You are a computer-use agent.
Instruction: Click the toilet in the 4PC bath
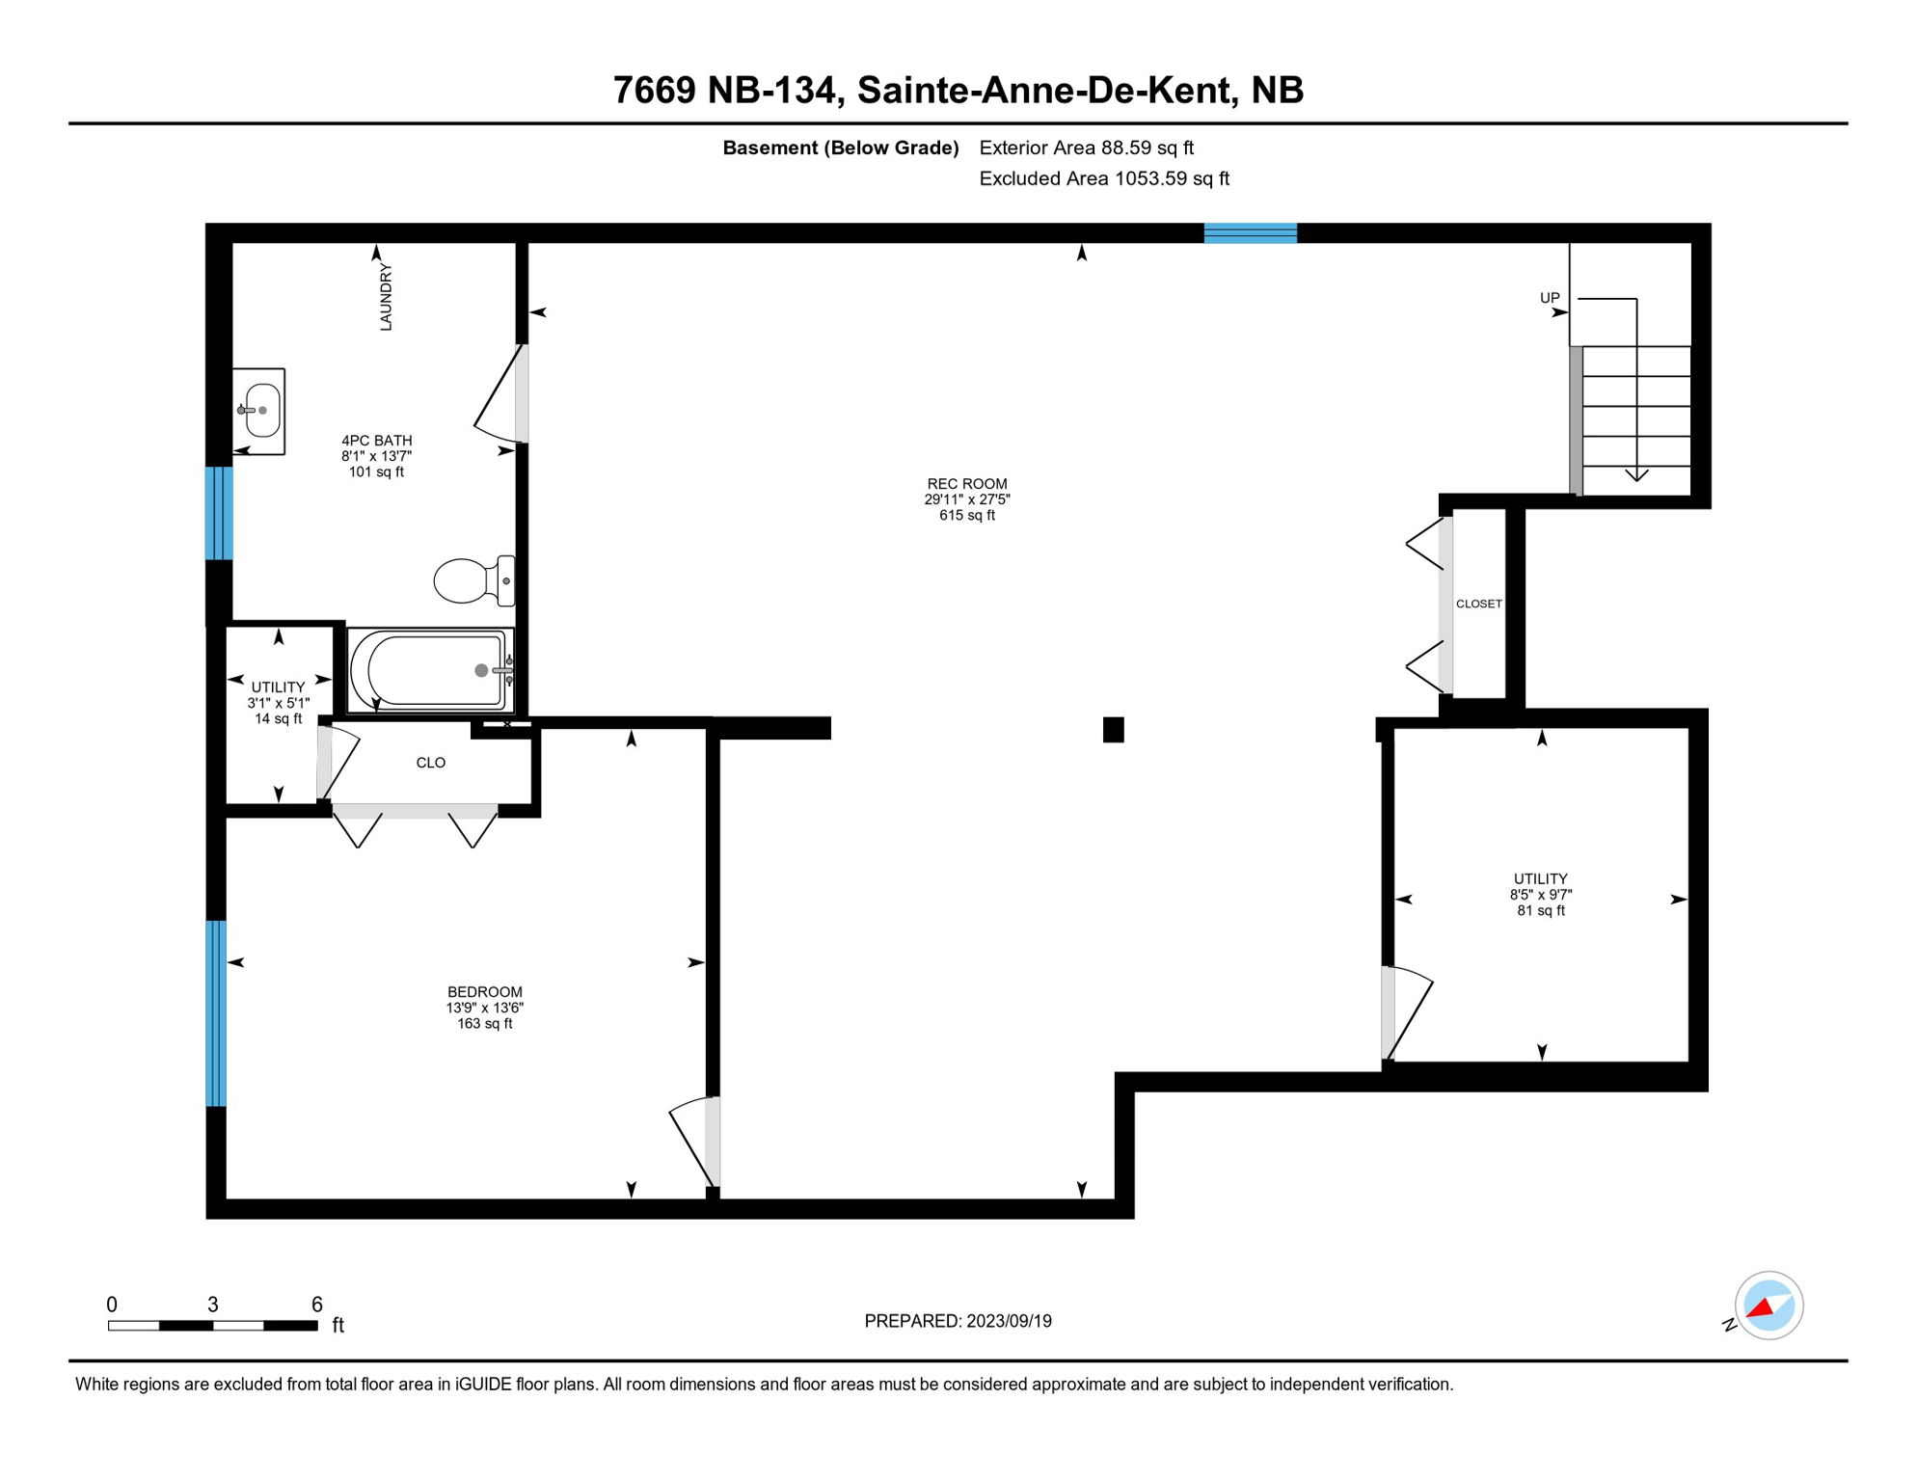472,581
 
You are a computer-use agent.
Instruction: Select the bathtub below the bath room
430,671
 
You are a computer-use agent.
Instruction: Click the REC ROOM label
966,484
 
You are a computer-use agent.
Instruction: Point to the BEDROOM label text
484,992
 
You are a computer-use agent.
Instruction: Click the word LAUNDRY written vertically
386,297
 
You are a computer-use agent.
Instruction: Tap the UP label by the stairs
1549,298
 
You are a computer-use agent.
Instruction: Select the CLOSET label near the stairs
1478,605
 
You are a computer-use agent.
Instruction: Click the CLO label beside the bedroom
430,763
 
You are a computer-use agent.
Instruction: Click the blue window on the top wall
1250,232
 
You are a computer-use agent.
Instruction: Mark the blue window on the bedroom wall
217,1012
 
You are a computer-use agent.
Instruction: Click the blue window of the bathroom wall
219,513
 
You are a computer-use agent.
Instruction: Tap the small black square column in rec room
1113,730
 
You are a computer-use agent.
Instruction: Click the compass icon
1768,1306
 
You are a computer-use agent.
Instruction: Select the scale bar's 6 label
316,1305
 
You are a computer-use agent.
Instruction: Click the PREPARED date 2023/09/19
1009,1321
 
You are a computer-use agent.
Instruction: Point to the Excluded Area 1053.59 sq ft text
1104,178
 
